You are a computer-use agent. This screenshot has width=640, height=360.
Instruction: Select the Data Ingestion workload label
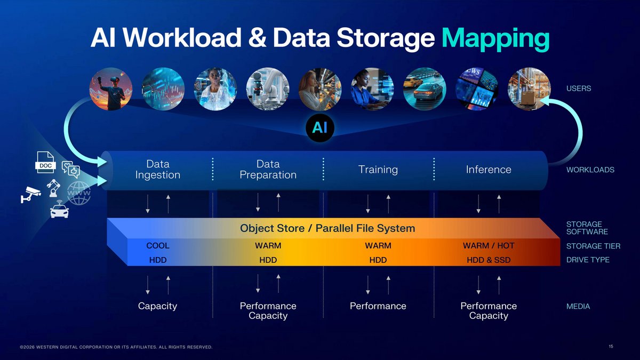tap(158, 169)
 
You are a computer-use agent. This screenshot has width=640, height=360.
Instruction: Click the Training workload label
tap(378, 170)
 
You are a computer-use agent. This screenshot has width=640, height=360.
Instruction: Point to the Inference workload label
tap(489, 170)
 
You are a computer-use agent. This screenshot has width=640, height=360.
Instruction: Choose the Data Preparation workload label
tap(268, 169)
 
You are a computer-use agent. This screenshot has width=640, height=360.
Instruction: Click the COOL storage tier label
tap(158, 246)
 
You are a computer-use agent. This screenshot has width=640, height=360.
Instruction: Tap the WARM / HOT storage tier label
tap(489, 246)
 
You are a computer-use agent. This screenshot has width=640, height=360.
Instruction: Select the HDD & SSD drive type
tap(489, 260)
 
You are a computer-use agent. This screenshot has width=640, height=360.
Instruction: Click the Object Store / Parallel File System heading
tap(327, 228)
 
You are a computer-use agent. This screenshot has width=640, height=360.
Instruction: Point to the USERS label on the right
tap(578, 89)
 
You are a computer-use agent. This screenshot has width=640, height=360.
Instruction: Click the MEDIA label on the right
tap(578, 307)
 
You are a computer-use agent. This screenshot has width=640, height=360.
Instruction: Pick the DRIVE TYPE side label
tap(588, 260)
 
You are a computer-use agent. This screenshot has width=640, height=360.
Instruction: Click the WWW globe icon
tap(78, 193)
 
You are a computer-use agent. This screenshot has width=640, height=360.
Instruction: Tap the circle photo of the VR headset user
tap(111, 89)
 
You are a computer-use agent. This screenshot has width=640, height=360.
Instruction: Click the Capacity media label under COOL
tap(157, 306)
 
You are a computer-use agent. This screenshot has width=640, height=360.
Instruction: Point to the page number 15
tap(611, 347)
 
